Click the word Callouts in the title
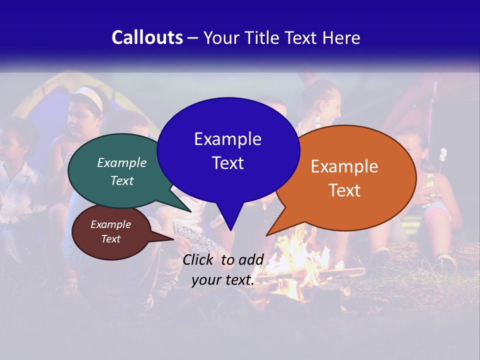147,37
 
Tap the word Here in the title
341,37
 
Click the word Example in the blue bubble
227,139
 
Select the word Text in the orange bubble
344,190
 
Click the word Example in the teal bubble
122,162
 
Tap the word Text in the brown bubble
110,239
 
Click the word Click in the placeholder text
198,259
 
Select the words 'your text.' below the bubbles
222,280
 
